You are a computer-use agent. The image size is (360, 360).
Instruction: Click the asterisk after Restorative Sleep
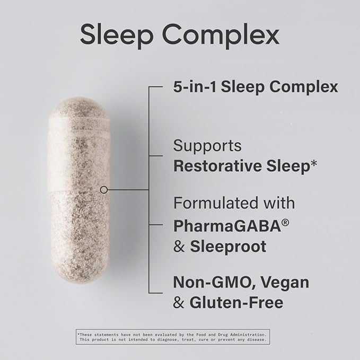313,163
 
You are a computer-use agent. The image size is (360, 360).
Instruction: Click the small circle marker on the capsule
104,189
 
